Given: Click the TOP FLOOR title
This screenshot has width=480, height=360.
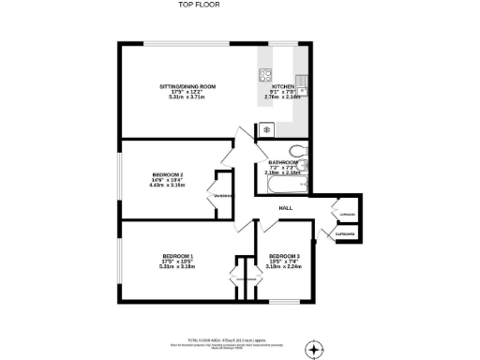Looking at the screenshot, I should (x=198, y=5).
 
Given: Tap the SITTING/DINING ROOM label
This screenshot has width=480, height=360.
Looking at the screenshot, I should (x=187, y=86).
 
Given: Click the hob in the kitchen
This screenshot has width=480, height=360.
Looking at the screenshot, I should (x=266, y=74).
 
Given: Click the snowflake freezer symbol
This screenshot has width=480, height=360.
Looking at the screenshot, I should (x=267, y=128).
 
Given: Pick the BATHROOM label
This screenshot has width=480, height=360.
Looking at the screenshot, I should (x=283, y=162).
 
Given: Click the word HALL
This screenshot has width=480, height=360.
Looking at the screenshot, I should (x=286, y=207).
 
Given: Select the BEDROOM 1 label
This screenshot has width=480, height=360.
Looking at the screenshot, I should (x=177, y=257).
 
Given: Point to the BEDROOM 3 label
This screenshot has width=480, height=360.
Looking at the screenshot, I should (x=284, y=257).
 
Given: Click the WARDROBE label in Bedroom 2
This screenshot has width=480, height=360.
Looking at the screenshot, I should (x=223, y=195).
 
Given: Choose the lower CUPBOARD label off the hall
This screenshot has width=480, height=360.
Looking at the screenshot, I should (x=344, y=232).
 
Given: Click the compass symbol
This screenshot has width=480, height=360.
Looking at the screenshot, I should (x=313, y=349).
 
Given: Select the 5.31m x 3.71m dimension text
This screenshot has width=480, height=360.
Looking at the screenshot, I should (x=187, y=97).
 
